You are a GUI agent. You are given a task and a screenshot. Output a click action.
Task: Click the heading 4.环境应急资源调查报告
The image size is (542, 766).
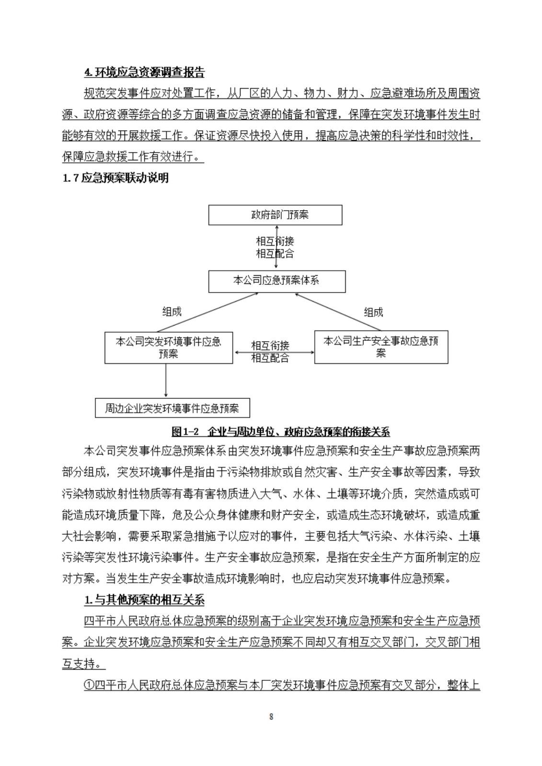tap(144, 72)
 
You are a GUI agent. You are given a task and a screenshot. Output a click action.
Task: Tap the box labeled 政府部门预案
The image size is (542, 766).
tap(275, 215)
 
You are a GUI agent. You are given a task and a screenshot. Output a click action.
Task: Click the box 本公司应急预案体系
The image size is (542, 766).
tap(277, 281)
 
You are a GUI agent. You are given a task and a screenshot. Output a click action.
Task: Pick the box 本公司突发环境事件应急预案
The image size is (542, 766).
tap(169, 348)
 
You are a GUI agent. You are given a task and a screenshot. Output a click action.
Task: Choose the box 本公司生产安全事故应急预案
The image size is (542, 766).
tap(381, 347)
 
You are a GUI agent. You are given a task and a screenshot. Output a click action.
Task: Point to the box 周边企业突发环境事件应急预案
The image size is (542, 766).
tap(172, 408)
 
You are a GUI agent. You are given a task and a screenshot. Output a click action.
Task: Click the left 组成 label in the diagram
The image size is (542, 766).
tap(172, 312)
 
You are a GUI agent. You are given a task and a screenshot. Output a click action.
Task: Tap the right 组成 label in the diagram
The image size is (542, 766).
tap(373, 312)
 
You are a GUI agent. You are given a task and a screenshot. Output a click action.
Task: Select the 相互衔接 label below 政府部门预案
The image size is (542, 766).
tap(275, 241)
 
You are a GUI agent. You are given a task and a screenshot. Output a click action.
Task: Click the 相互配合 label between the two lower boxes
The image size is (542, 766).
tap(270, 358)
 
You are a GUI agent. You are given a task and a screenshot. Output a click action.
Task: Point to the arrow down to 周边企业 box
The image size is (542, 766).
tap(166, 381)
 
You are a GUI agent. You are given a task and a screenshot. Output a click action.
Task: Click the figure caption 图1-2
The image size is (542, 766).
tap(280, 432)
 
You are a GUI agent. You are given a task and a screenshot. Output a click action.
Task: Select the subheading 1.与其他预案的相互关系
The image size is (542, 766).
tap(144, 600)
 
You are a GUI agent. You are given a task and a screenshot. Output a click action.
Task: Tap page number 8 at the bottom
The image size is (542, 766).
tap(271, 717)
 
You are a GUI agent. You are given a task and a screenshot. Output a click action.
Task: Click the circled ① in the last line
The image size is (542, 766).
tap(89, 685)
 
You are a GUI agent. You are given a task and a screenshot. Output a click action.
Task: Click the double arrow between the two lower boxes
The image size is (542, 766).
tap(274, 352)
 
